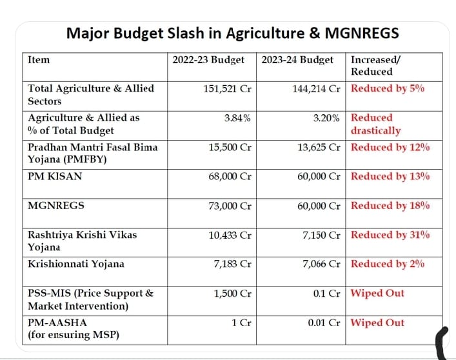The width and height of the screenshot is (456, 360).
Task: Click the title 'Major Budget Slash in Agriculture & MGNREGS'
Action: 232,32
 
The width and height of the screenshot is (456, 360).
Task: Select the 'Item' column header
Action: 39,60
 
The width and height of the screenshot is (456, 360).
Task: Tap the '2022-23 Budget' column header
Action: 208,60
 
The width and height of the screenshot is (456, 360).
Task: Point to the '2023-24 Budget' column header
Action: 297,60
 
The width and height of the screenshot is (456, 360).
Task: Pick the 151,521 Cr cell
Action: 226,88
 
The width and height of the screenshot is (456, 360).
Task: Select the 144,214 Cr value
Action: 315,88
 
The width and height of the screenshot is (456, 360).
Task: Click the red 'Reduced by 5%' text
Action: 387,88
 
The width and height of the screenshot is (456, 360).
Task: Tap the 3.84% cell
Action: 237,118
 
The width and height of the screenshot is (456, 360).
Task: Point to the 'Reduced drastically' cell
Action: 375,124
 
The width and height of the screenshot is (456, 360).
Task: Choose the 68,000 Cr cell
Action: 229,176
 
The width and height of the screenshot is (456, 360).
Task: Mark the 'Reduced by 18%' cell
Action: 390,206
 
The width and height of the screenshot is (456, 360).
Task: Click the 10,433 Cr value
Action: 230,235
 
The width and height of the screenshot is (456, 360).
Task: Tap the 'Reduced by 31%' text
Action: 390,235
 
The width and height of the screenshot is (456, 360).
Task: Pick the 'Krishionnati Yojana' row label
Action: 76,264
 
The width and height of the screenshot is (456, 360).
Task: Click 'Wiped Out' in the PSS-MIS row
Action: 377,293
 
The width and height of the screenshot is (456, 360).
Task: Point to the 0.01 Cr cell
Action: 324,323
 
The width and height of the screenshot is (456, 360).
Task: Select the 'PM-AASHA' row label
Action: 57,323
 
